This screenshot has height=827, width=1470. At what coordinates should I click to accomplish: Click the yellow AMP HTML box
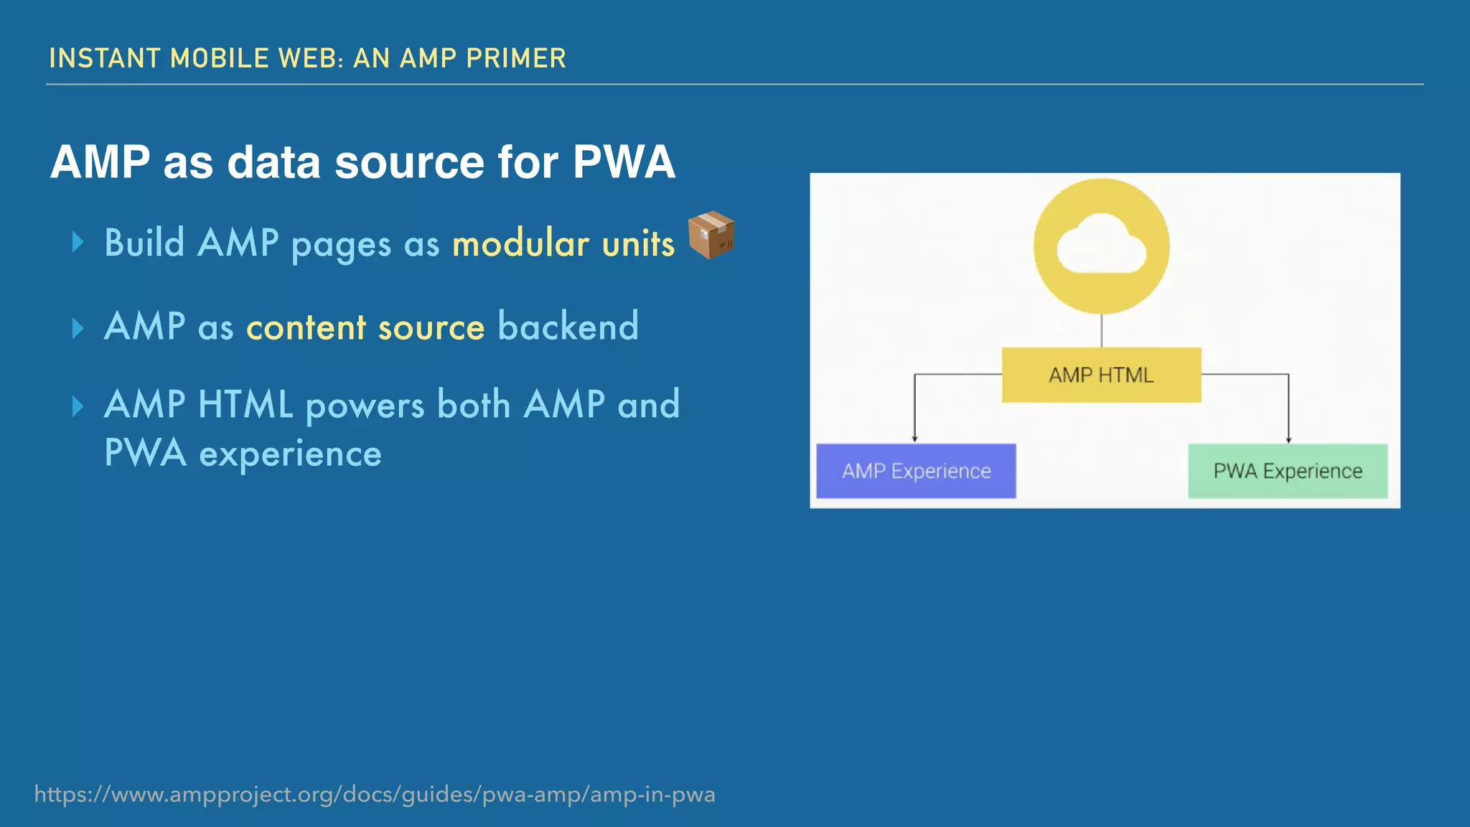[1101, 375]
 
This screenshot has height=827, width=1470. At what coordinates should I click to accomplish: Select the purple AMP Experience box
[916, 471]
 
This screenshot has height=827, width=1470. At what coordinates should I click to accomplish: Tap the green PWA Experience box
[1288, 471]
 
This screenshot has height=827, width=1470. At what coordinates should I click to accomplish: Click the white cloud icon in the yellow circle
[1101, 247]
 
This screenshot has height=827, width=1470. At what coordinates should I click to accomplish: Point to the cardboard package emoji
[711, 235]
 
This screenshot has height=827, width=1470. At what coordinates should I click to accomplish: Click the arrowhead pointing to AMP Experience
[914, 438]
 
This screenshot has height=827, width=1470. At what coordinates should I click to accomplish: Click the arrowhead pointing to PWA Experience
[1288, 439]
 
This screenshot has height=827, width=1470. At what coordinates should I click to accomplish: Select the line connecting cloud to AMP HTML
[1101, 331]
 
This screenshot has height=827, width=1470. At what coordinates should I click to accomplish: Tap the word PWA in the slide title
[624, 162]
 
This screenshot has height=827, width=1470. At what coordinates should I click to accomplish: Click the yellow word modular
[520, 243]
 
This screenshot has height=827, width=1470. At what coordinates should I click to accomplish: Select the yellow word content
[306, 327]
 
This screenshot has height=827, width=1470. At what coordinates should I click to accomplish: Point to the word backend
[568, 327]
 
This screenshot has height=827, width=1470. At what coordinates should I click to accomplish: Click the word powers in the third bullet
[365, 405]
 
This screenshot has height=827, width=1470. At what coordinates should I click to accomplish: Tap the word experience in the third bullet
[290, 454]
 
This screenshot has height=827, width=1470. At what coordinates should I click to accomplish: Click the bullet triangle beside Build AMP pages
[78, 243]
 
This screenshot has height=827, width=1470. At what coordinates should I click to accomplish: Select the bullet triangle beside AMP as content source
[78, 328]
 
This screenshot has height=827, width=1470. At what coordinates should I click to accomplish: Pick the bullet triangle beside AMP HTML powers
[78, 406]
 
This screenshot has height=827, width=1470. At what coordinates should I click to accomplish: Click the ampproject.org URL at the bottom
[375, 794]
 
